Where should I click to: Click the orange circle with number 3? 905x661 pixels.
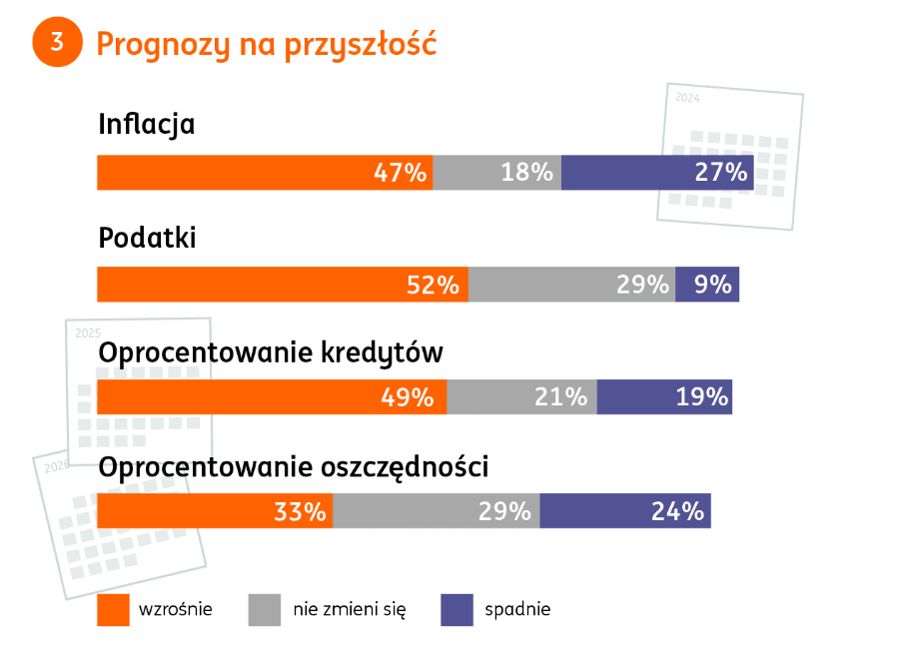click(x=57, y=42)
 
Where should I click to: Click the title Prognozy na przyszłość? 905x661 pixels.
click(x=266, y=44)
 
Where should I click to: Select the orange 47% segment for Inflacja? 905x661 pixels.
click(x=265, y=173)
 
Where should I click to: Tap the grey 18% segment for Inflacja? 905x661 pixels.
click(x=496, y=173)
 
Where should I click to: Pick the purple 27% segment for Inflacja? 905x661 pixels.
click(x=657, y=173)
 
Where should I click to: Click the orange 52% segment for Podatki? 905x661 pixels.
click(x=283, y=285)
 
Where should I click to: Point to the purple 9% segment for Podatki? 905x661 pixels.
click(x=707, y=285)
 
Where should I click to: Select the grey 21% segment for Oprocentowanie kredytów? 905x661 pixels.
click(x=521, y=397)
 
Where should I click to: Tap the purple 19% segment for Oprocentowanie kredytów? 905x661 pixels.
click(x=664, y=397)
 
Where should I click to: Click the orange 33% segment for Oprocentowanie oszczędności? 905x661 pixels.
click(x=215, y=511)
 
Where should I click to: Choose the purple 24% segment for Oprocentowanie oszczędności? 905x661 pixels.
click(x=625, y=511)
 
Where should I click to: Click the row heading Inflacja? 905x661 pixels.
click(x=146, y=125)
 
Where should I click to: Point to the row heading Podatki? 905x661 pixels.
click(x=147, y=239)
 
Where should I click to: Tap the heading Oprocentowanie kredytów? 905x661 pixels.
click(x=270, y=353)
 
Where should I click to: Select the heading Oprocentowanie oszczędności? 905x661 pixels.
click(x=293, y=467)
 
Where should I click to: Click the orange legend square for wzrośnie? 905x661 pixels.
click(x=113, y=610)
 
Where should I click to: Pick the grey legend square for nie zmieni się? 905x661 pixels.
click(x=265, y=610)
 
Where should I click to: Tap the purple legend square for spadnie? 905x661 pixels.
click(x=456, y=610)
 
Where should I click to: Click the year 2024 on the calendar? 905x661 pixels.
click(x=687, y=98)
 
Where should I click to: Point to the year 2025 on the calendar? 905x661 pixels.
click(x=88, y=332)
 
